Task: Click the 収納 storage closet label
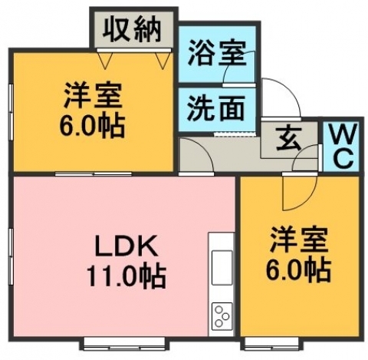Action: (x=132, y=31)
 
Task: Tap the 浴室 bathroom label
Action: (x=217, y=54)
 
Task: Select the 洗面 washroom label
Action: (x=216, y=109)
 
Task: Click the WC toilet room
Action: (x=342, y=146)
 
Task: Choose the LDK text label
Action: (x=126, y=246)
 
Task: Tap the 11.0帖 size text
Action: (x=127, y=276)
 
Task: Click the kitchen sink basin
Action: (x=222, y=268)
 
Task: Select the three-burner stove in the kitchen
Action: (x=222, y=316)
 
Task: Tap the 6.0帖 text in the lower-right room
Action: (x=298, y=269)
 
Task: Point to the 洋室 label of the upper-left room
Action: (x=93, y=95)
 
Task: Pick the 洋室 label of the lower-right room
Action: (x=299, y=239)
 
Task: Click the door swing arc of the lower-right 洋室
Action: (x=309, y=199)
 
